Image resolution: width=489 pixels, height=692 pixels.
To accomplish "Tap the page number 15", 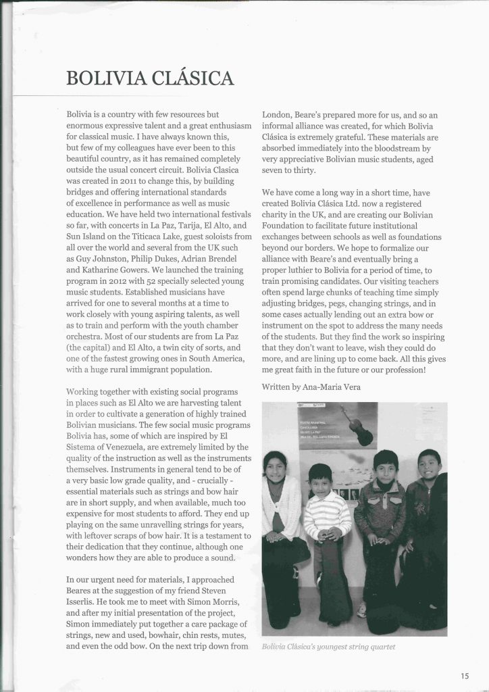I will click(465, 674).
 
